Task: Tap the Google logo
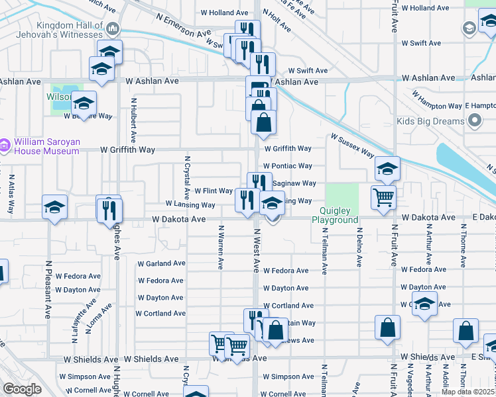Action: pos(22,389)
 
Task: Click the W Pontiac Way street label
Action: pos(287,166)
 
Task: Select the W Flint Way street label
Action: pos(214,191)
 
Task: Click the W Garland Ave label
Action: pos(161,263)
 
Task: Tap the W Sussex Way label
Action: pos(353,145)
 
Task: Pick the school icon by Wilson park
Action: pos(84,103)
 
